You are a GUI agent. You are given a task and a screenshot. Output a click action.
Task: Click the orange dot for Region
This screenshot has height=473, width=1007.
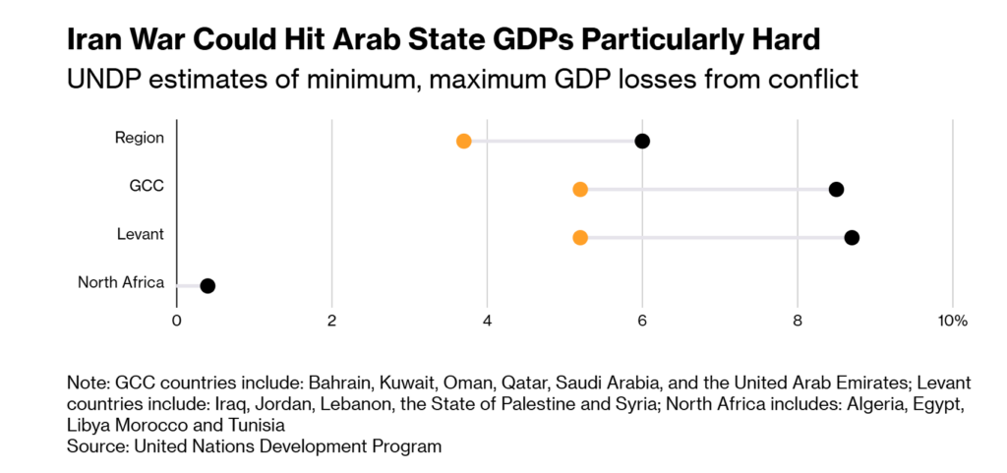click(x=463, y=141)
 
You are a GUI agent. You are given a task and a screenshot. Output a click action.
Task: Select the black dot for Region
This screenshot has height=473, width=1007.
click(x=642, y=141)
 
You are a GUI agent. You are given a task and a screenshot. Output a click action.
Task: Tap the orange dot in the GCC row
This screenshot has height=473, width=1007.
click(x=580, y=189)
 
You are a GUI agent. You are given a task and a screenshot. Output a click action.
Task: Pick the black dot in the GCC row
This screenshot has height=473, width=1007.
click(x=836, y=189)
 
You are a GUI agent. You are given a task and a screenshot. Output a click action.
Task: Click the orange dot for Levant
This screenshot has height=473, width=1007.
click(x=580, y=237)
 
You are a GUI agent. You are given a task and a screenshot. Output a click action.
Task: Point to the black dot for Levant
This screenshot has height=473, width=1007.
click(x=852, y=237)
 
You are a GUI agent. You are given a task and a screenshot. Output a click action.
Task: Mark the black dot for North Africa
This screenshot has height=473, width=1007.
click(x=207, y=285)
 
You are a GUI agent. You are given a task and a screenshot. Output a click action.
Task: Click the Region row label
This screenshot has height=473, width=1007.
click(x=139, y=138)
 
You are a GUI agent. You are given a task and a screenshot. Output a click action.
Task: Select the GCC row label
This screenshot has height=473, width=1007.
click(x=147, y=186)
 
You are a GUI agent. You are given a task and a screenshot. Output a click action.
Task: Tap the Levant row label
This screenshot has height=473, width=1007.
click(x=141, y=234)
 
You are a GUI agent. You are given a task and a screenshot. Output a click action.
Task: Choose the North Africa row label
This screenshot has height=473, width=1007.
click(x=121, y=283)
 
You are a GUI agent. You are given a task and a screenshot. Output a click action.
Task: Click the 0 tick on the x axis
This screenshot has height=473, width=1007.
click(x=177, y=321)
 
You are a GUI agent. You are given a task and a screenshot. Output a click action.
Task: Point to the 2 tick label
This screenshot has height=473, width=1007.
click(x=331, y=321)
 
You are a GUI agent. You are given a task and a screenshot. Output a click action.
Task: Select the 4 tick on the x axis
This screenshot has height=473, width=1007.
click(x=487, y=321)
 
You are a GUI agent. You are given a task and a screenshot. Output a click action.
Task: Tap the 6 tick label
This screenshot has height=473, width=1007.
click(x=642, y=321)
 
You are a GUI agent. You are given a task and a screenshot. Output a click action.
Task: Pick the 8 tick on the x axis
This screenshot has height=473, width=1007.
click(x=798, y=321)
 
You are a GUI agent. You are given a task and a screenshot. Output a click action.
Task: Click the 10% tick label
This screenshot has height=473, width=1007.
click(x=952, y=321)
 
